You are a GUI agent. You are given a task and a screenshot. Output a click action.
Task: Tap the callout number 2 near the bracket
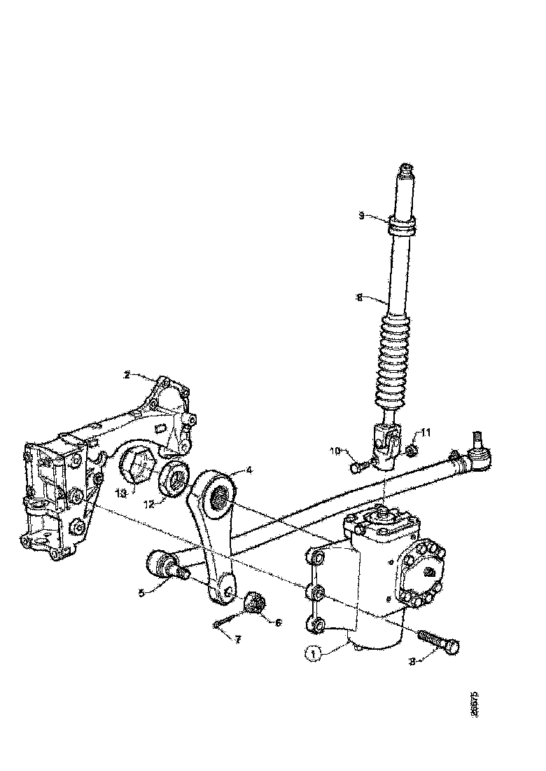tap(127, 375)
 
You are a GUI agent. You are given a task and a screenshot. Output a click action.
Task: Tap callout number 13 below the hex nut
tap(122, 493)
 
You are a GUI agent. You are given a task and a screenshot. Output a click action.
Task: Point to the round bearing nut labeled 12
tap(174, 480)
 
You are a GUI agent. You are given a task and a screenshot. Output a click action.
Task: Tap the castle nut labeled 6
tap(256, 601)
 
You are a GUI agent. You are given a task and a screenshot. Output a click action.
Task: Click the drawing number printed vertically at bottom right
tap(475, 704)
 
